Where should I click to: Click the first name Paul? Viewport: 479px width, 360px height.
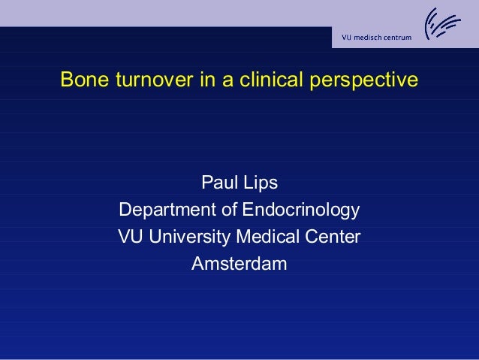(217, 183)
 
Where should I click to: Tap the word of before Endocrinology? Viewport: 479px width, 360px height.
(227, 210)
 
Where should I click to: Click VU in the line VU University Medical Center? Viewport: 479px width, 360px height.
(131, 237)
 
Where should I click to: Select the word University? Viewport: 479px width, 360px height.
(189, 237)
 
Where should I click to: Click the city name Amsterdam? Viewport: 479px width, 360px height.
(239, 264)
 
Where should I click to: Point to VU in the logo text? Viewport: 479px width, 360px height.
(348, 38)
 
